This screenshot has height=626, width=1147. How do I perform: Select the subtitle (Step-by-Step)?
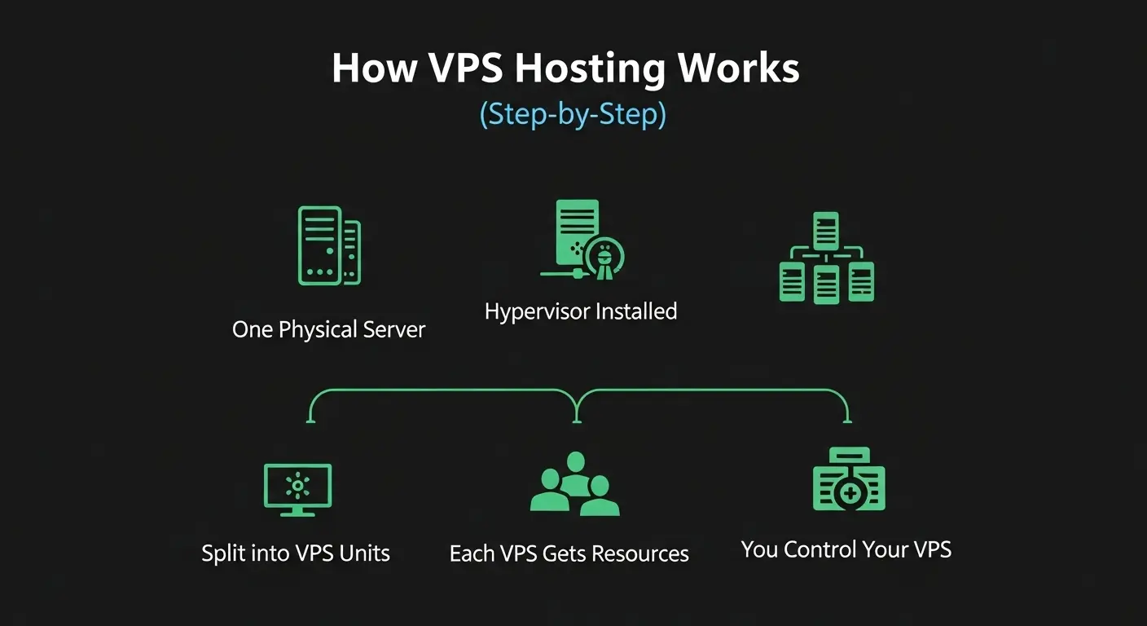(x=573, y=114)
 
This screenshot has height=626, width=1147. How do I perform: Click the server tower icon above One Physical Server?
(x=328, y=245)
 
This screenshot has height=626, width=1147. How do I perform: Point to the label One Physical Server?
(x=328, y=329)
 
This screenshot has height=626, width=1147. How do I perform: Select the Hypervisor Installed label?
(x=580, y=311)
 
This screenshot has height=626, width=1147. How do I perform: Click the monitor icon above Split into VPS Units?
(x=297, y=489)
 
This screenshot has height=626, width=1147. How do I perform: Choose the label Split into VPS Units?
(x=296, y=553)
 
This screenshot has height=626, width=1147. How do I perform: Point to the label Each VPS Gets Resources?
(x=569, y=554)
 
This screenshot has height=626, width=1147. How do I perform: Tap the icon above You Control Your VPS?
(x=848, y=481)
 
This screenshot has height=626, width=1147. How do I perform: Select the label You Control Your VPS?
(x=846, y=549)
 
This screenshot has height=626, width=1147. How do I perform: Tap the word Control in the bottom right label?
(x=823, y=549)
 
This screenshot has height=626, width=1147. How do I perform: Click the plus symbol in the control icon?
(x=850, y=493)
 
